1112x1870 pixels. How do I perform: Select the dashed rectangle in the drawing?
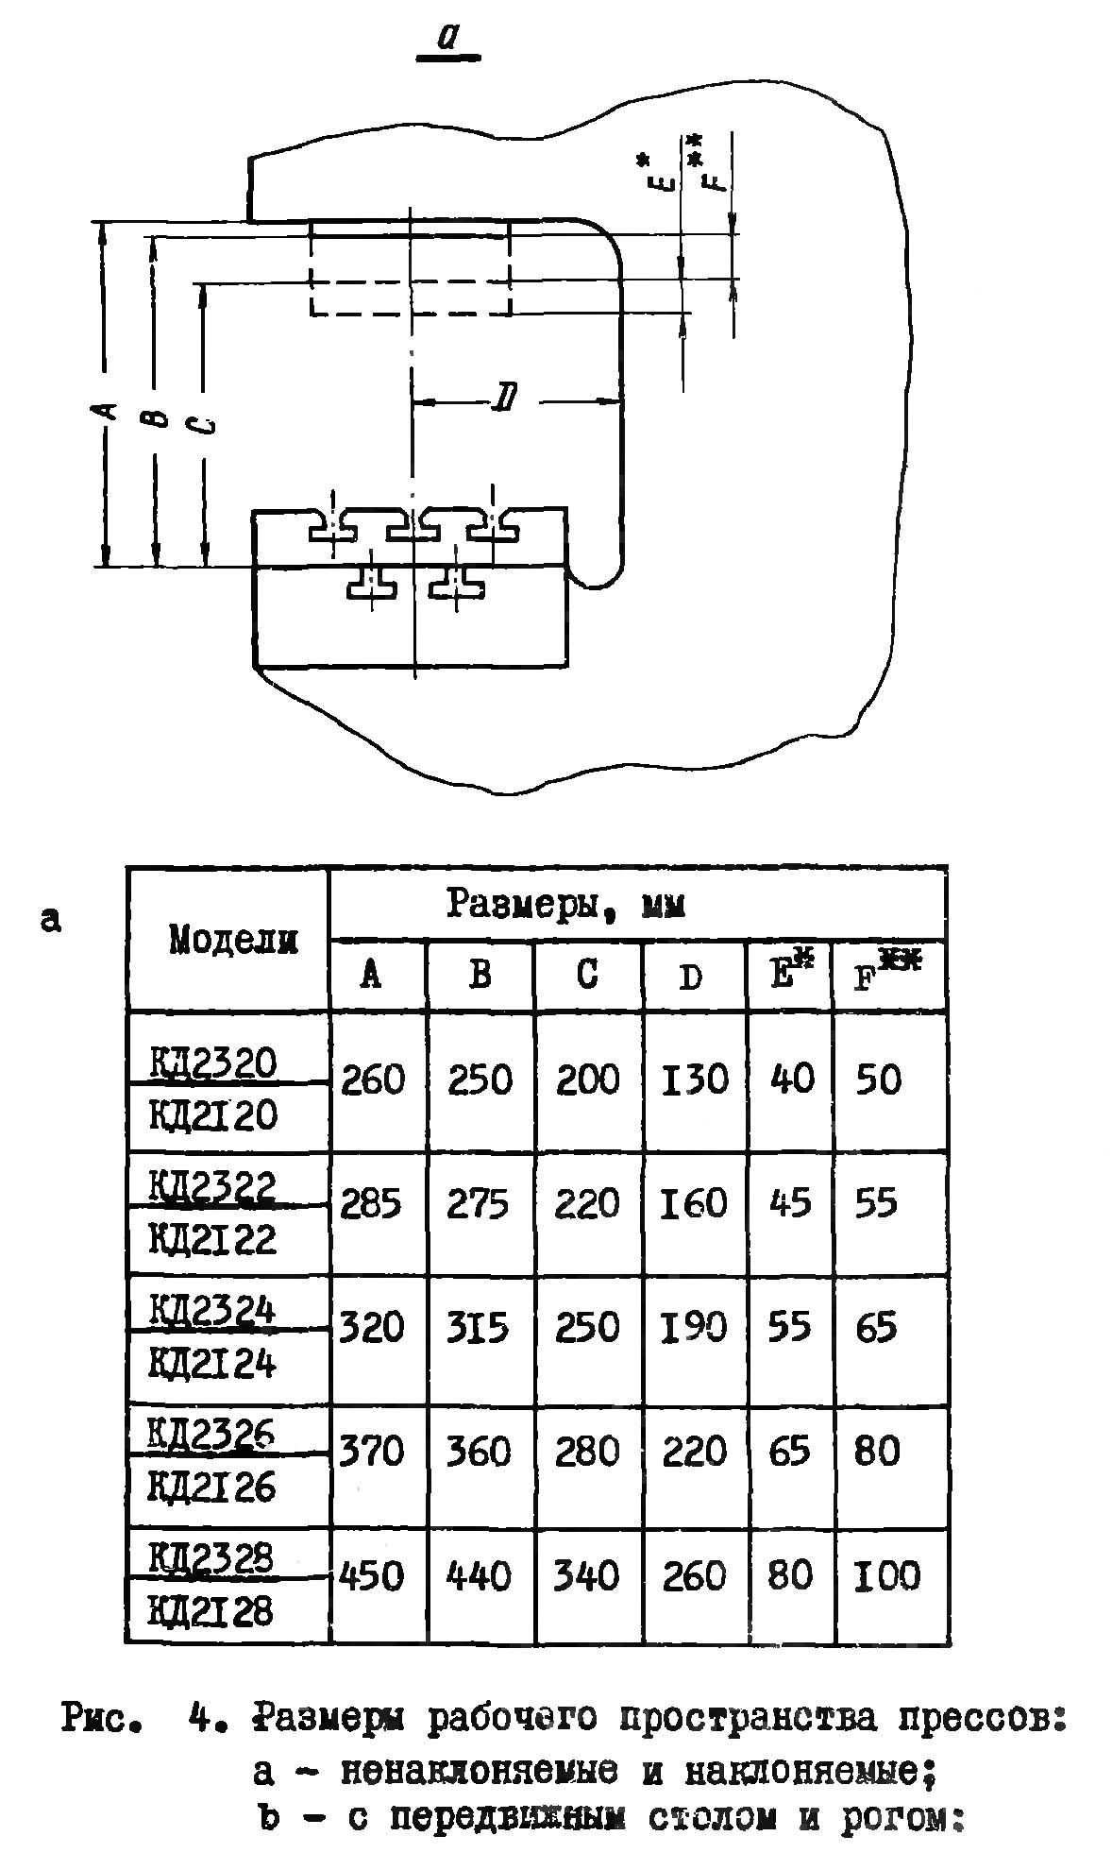click(x=411, y=267)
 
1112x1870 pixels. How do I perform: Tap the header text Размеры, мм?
click(x=565, y=904)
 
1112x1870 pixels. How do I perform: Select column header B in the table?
click(x=480, y=974)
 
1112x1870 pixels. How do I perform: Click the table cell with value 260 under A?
click(x=373, y=1079)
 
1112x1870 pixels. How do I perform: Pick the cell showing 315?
click(x=479, y=1327)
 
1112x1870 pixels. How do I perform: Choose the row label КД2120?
click(x=214, y=1116)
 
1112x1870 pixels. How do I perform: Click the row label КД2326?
click(x=212, y=1436)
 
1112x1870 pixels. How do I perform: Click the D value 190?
click(x=694, y=1327)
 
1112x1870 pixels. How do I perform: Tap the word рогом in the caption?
click(x=904, y=1818)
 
